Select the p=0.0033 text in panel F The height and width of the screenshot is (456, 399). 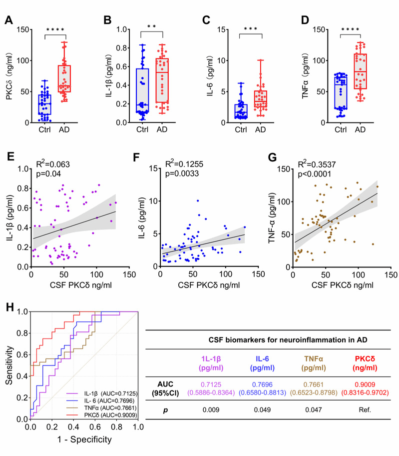point(186,174)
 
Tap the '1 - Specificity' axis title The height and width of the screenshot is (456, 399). point(83,440)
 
